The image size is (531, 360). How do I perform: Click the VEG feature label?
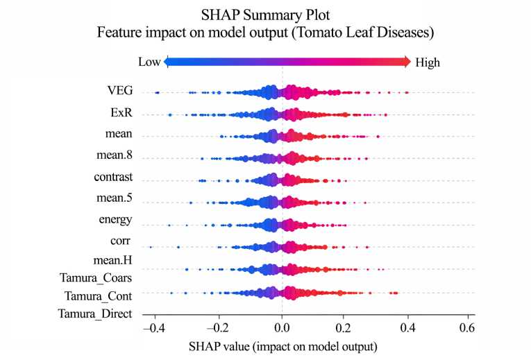pos(120,91)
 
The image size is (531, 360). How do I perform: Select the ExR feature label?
pos(121,112)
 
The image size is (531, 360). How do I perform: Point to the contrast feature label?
pos(113,177)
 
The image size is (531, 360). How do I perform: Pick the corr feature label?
pos(121,241)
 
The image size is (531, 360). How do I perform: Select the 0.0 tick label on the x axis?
pos(282,326)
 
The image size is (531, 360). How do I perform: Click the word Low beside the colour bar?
pos(149,62)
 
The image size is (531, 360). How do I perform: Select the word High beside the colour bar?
pos(428,62)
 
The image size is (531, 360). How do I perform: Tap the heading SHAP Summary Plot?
pos(265,14)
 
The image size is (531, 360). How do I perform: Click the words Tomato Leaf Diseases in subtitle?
pos(376,32)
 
